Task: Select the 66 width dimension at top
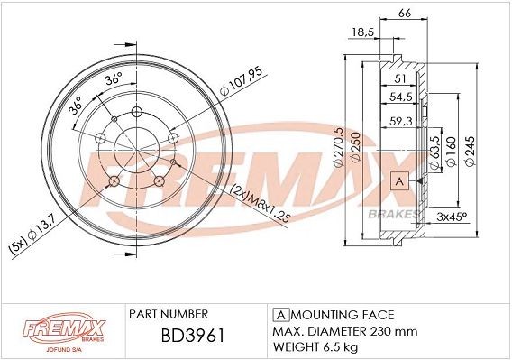pyautogui.click(x=405, y=12)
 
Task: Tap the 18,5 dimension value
pyautogui.click(x=362, y=32)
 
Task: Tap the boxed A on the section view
pyautogui.click(x=398, y=182)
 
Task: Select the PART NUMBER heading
pyautogui.click(x=169, y=314)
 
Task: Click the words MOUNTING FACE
pyautogui.click(x=343, y=314)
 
